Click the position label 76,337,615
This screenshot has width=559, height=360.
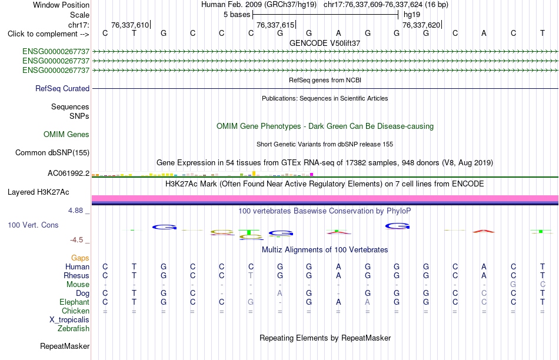275,25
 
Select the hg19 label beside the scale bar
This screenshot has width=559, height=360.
412,15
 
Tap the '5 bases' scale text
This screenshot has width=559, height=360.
237,15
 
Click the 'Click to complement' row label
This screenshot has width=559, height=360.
48,34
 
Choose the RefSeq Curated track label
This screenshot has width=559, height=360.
62,88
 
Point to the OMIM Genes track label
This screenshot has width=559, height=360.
66,134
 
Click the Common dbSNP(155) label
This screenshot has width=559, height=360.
52,152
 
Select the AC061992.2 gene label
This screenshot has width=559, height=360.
68,173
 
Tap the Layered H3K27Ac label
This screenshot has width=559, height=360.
38,192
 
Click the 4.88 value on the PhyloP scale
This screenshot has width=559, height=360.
75,211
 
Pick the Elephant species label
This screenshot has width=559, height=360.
74,302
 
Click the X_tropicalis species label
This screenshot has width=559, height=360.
69,320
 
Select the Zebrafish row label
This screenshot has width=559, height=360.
74,329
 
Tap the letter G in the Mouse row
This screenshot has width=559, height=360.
513,285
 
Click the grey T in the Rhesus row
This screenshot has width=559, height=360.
251,275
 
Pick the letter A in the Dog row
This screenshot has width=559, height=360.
280,294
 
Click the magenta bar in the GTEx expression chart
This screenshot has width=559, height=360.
312,174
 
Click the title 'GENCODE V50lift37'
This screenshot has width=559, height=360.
325,43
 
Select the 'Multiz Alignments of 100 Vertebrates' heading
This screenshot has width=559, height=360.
325,249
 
